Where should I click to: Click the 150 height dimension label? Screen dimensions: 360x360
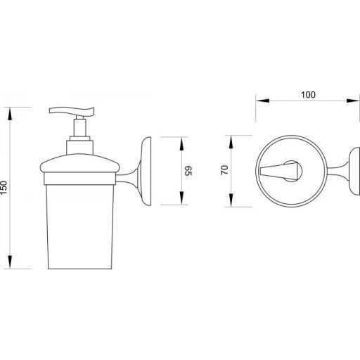pyautogui.click(x=4, y=188)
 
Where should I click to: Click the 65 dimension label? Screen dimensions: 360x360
pyautogui.click(x=188, y=171)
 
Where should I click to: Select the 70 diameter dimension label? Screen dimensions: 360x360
pyautogui.click(x=224, y=170)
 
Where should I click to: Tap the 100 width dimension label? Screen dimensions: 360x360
pyautogui.click(x=308, y=95)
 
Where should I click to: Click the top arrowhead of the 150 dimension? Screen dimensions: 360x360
pyautogui.click(x=10, y=114)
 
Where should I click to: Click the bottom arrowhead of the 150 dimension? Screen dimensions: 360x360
pyautogui.click(x=10, y=262)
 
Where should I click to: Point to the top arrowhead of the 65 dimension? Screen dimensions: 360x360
pyautogui.click(x=181, y=143)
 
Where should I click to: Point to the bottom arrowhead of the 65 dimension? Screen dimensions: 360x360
pyautogui.click(x=181, y=198)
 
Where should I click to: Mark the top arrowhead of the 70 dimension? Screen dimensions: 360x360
pyautogui.click(x=231, y=142)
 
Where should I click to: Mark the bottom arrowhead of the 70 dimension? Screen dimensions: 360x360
pyautogui.click(x=231, y=200)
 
